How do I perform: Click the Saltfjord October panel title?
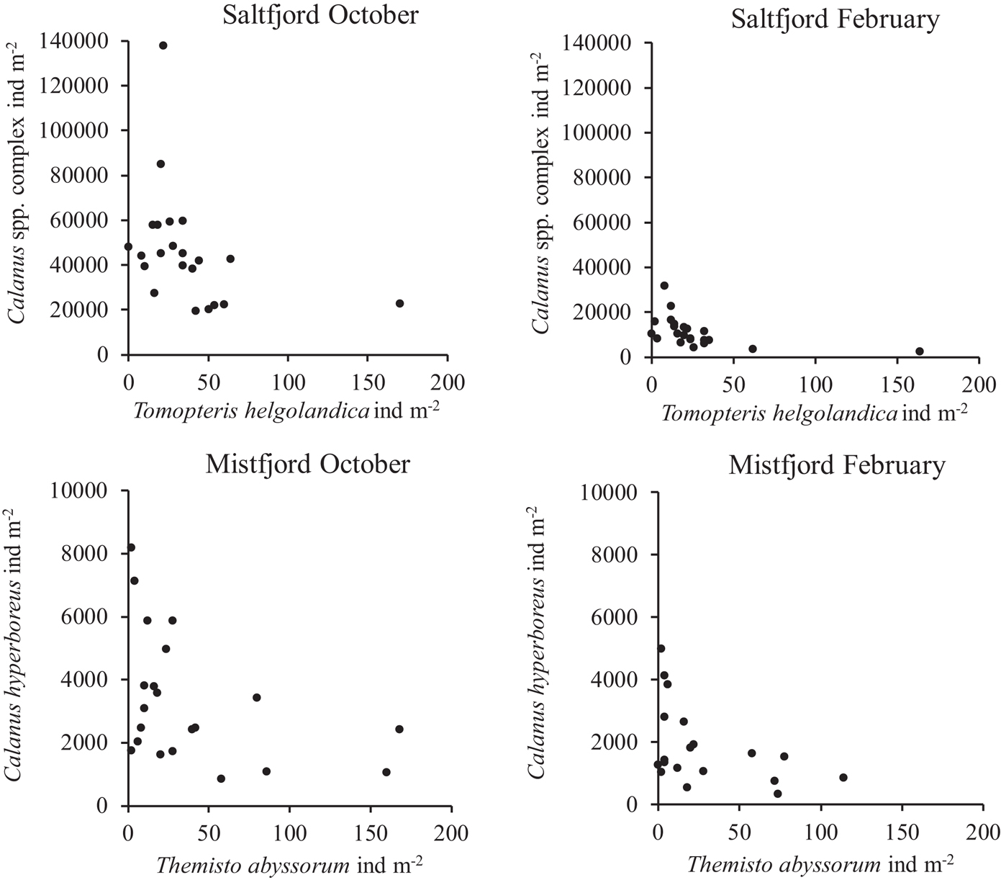coord(320,15)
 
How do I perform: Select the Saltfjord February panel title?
coord(835,19)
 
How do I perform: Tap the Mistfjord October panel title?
coord(308,464)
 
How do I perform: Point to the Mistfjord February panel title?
coord(836,466)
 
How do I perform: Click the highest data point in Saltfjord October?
coord(163,45)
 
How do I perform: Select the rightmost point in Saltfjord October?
coord(399,303)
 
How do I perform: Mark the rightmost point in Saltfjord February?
coord(920,351)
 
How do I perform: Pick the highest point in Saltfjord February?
coord(664,285)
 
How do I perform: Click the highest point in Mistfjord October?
coord(131,547)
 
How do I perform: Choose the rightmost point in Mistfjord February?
coord(843,777)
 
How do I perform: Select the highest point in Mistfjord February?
coord(661,648)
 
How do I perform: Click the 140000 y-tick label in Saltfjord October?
coord(79,41)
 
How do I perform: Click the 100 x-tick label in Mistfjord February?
coord(821,832)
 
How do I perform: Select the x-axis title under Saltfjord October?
coord(286,411)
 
